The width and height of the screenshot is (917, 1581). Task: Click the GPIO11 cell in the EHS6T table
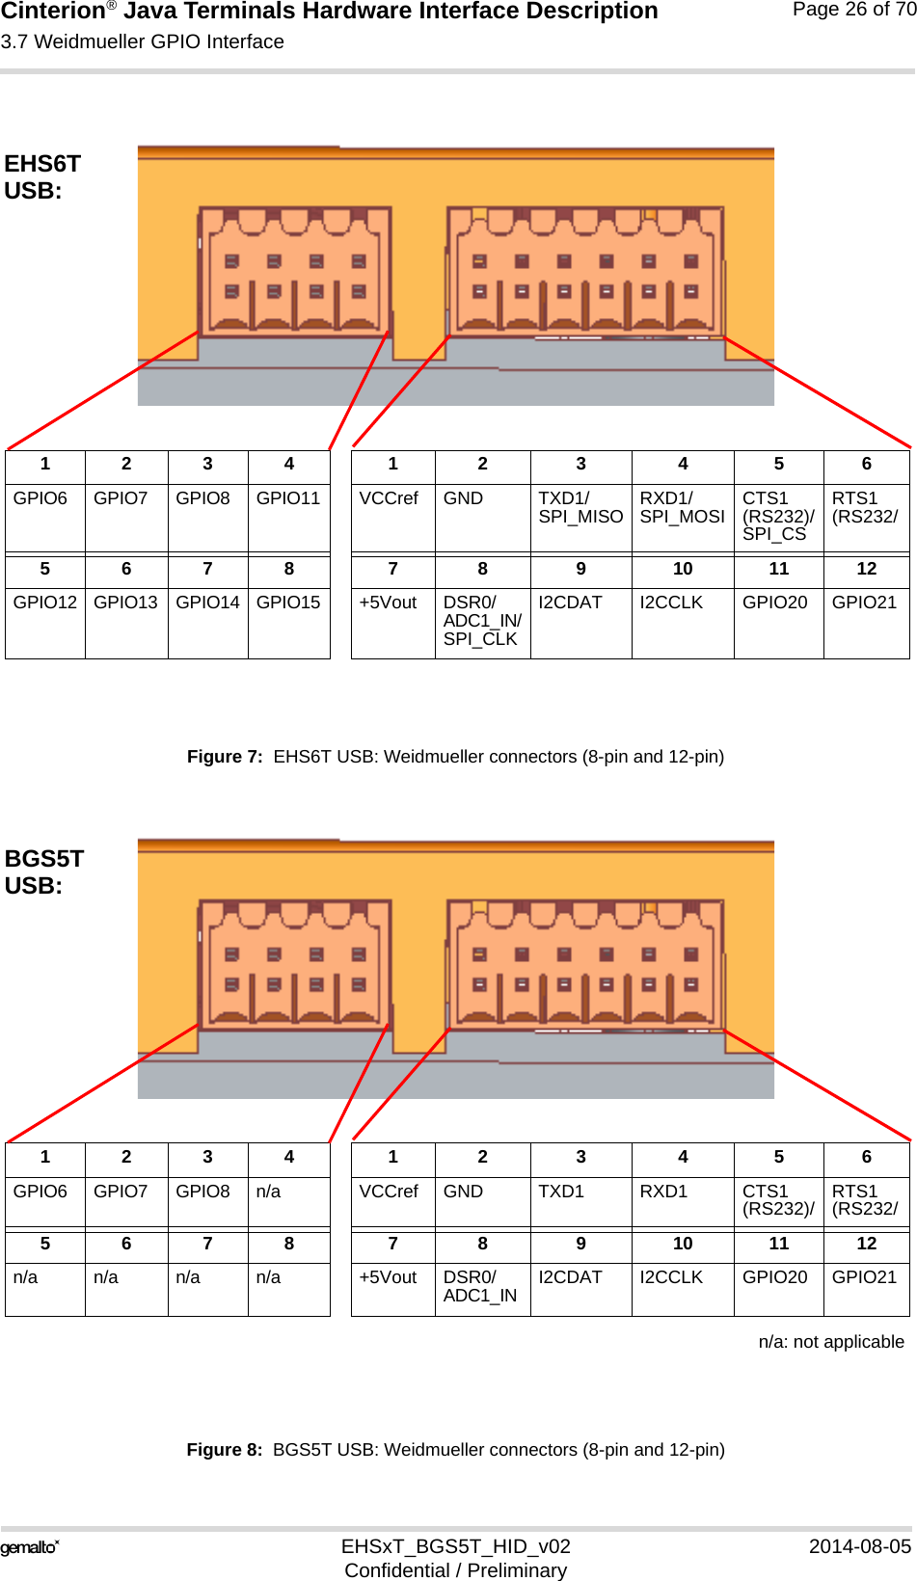(x=288, y=498)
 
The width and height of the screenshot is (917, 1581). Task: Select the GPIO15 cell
(x=288, y=603)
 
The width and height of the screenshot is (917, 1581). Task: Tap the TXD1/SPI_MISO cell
(x=580, y=507)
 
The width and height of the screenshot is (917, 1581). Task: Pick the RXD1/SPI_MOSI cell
(x=682, y=507)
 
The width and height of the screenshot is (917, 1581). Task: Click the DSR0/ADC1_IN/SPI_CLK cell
(x=482, y=621)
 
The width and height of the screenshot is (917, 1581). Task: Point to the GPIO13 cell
(x=125, y=603)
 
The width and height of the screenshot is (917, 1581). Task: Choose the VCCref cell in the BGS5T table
(x=389, y=1192)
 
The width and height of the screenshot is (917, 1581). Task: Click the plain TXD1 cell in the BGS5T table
(x=561, y=1192)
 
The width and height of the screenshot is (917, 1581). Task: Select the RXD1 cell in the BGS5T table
(x=663, y=1192)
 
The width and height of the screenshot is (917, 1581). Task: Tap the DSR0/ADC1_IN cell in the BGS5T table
(x=480, y=1286)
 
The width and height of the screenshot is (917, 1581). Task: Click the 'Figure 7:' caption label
(x=224, y=757)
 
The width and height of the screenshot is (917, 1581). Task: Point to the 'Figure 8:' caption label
(x=224, y=1450)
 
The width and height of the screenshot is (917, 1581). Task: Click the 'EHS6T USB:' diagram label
(x=42, y=177)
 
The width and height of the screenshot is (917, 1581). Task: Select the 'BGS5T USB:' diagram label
(x=44, y=872)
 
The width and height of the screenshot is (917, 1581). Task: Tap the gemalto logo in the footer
(x=30, y=1548)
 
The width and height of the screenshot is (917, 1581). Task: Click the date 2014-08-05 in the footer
(x=859, y=1546)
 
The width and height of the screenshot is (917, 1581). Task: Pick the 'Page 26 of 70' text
(x=853, y=10)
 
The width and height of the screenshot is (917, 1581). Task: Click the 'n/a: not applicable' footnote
(x=831, y=1342)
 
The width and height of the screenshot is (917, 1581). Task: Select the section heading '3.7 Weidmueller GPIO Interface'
(x=143, y=42)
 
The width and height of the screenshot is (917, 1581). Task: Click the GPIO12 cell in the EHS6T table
(x=44, y=603)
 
